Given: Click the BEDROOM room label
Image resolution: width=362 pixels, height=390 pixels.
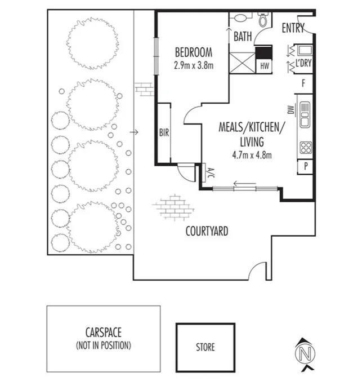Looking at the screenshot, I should (193, 52).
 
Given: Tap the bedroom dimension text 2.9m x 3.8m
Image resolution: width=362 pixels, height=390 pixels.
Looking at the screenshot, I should (193, 65).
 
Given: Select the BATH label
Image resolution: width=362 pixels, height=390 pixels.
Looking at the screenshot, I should (243, 37).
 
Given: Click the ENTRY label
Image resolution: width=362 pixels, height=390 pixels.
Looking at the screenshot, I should (293, 28).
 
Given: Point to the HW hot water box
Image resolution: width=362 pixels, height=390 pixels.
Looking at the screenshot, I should (263, 67).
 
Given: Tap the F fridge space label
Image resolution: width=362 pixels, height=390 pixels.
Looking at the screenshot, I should (303, 83).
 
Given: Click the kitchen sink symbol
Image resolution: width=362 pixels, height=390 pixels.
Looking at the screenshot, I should (305, 114).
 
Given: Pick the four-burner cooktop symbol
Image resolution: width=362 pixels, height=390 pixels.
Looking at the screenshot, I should (305, 148).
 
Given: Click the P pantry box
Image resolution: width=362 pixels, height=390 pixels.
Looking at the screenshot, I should (305, 167).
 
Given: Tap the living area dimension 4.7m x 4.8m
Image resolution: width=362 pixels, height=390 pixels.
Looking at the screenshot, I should (253, 156).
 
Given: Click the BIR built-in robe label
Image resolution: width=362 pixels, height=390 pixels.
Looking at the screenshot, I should (164, 134).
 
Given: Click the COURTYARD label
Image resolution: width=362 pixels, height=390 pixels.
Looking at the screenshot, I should (207, 231).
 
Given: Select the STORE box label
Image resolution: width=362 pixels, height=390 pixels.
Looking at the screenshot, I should (205, 347).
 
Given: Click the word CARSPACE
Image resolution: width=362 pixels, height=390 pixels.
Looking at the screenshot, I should (103, 333).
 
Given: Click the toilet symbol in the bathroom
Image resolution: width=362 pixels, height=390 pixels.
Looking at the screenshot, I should (262, 20).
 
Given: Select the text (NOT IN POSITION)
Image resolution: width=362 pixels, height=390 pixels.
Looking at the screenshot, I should (103, 345).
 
